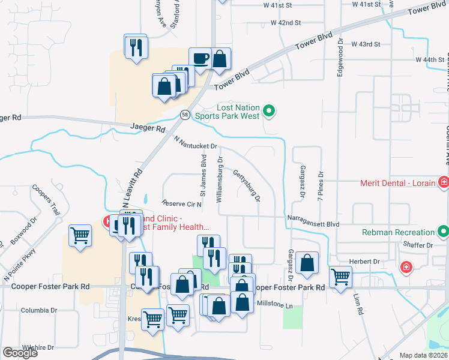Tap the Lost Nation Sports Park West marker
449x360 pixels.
(270, 110)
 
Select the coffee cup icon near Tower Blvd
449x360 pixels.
(200, 59)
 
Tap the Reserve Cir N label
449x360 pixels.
(182, 203)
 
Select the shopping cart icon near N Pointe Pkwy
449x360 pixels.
(80, 235)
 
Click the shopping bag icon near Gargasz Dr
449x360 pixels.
(307, 263)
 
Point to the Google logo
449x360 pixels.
(20, 353)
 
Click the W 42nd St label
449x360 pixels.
(285, 23)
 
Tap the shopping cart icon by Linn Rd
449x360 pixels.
(340, 277)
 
